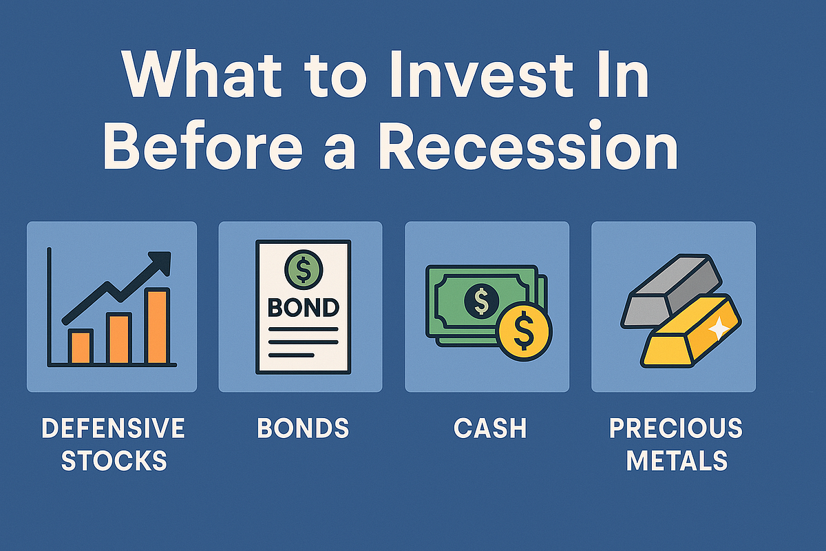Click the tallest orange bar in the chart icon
click(158, 326)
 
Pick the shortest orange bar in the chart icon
click(80, 346)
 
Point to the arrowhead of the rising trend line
click(162, 261)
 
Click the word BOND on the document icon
click(303, 307)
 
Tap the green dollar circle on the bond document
click(303, 270)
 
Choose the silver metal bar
click(671, 289)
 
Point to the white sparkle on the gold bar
click(718, 330)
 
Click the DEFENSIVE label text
click(114, 428)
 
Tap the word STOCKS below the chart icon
click(114, 460)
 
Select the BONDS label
click(303, 428)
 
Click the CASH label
click(490, 428)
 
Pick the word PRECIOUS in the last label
click(676, 428)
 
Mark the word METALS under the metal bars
click(676, 460)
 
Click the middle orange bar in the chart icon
click(120, 337)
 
